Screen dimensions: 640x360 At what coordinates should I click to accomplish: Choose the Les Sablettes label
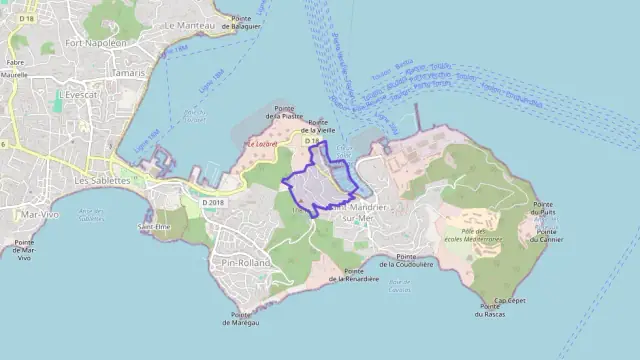pos(102,180)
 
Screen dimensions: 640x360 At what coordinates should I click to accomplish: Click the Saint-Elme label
pos(152,227)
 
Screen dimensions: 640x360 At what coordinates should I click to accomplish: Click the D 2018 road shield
pos(213,202)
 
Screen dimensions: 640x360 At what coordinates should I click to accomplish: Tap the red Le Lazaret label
pos(262,144)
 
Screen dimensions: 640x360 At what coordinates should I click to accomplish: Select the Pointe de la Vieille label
pos(320,126)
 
